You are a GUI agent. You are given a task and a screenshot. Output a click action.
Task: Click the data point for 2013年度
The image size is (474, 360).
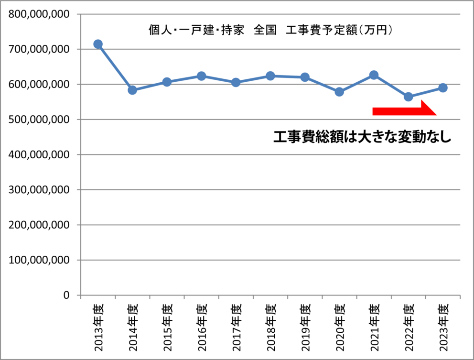98,44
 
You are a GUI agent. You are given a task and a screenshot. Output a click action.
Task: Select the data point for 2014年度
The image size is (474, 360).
132,90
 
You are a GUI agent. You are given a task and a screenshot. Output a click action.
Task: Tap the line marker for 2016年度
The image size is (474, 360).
201,76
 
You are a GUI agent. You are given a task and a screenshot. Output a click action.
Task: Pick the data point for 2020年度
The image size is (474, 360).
339,92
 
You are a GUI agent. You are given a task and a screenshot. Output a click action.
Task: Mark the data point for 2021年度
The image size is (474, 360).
374,75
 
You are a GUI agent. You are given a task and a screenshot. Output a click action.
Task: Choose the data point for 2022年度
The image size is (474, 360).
408,97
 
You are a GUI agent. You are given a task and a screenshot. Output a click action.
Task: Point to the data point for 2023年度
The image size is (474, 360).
442,87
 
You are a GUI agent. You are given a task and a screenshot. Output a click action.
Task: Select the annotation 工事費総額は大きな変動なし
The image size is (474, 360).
362,137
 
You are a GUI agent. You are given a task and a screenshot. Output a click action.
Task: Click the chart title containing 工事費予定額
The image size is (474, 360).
270,30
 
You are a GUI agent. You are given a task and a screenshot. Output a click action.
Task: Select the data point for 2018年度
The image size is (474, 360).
270,76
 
